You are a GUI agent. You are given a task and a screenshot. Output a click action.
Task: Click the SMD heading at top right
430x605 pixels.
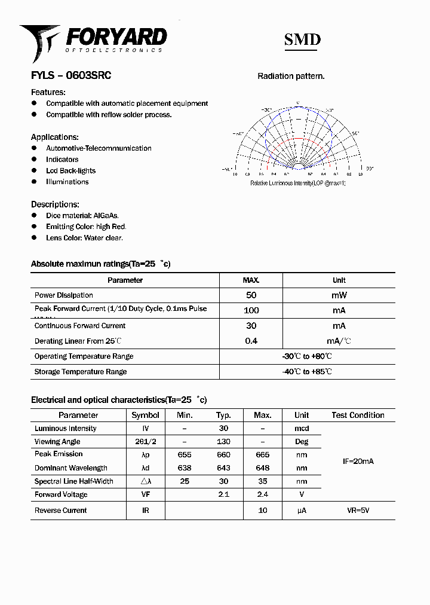[302, 39]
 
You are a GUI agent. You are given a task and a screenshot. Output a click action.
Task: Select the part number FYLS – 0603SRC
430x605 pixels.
[71, 76]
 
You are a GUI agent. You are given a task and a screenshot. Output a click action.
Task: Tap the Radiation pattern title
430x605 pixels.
[291, 76]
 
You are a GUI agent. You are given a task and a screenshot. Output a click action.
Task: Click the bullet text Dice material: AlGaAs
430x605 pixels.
[82, 215]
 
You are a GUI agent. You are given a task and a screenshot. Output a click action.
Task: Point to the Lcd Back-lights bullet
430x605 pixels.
[70, 170]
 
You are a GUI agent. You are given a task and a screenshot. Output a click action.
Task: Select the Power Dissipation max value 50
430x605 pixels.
[251, 295]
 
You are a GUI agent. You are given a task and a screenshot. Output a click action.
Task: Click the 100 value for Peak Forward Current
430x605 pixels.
[251, 310]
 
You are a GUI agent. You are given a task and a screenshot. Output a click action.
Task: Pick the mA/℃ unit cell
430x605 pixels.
[339, 341]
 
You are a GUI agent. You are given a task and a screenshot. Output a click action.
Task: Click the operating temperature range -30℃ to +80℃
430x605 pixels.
[307, 356]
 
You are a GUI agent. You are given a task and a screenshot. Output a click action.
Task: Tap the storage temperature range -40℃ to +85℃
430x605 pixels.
[307, 372]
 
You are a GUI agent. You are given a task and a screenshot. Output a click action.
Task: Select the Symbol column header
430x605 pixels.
[145, 415]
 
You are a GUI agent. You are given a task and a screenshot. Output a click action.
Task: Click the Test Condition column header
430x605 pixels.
[358, 415]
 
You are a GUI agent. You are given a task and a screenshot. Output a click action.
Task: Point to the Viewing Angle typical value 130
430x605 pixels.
[223, 442]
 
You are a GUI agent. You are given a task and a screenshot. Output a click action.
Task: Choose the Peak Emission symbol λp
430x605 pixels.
[145, 454]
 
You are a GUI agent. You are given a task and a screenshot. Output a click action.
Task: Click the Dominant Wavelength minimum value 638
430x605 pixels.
[185, 468]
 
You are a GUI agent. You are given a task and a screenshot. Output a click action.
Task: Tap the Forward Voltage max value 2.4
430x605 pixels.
[262, 494]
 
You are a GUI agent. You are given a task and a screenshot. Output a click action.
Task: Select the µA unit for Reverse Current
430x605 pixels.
[302, 511]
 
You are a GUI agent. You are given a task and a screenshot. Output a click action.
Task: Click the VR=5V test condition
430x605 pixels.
[358, 511]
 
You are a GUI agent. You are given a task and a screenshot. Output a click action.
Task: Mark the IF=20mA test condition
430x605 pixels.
[358, 462]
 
